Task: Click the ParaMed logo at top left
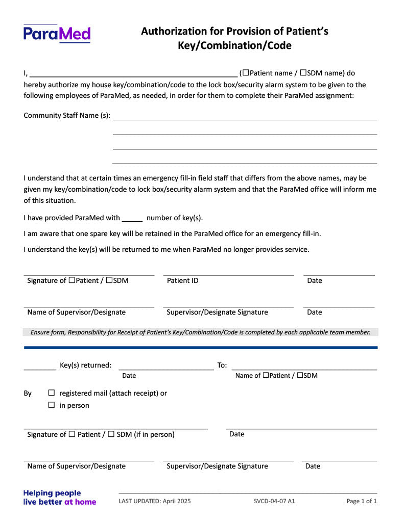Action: (57, 34)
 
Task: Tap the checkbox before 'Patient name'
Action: (246, 73)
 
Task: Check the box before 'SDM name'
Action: (303, 73)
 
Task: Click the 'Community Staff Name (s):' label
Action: (67, 116)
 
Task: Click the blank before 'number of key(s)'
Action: (132, 218)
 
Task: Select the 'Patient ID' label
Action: (182, 281)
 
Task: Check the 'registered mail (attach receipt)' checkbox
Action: (52, 393)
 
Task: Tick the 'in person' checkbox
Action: (52, 405)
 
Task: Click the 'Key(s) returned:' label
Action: (85, 365)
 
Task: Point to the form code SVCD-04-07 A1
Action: (274, 501)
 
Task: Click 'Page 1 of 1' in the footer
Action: (362, 501)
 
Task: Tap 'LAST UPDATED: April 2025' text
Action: (155, 501)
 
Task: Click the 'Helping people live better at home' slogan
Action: (59, 498)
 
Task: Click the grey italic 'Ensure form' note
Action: (200, 332)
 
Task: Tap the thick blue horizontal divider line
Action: (201, 348)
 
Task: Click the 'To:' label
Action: (222, 365)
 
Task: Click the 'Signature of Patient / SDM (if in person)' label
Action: (101, 435)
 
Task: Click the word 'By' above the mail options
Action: (28, 394)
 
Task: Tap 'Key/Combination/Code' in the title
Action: (234, 45)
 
